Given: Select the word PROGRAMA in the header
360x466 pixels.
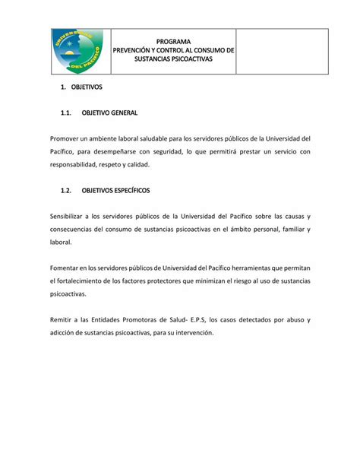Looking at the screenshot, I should [174, 41].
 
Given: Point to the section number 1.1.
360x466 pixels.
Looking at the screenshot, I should [66, 113].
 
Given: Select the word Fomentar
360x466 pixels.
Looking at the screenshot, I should [66, 268].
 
